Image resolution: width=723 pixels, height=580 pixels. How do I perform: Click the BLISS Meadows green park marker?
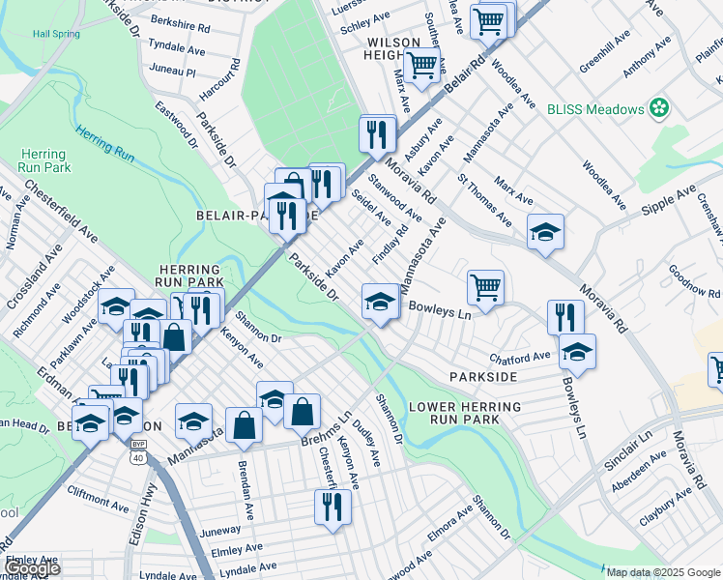[x=660, y=108]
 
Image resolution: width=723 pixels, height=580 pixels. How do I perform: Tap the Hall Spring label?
[x=55, y=34]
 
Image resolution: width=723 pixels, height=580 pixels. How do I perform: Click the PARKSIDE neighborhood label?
[x=482, y=375]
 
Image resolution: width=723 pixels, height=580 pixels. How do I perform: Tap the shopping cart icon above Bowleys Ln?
[x=485, y=286]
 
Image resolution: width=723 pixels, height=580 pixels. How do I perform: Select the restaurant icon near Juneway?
[x=332, y=506]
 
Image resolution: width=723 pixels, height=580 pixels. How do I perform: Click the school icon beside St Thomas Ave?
[x=545, y=231]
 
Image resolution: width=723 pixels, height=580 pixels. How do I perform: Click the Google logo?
[x=32, y=568]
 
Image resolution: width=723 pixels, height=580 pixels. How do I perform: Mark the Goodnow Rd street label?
[x=695, y=281]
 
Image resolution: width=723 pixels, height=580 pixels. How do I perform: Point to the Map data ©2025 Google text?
[x=663, y=572]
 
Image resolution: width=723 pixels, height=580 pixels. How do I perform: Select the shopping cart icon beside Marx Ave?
[x=421, y=65]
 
